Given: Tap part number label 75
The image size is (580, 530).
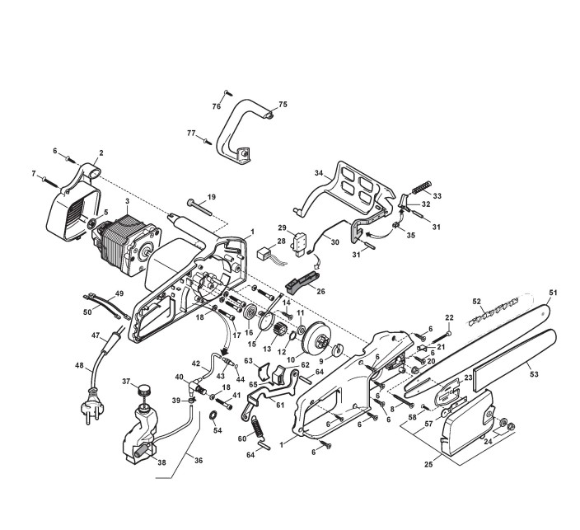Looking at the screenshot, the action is click(x=283, y=105).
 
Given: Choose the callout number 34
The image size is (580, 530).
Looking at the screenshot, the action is click(x=318, y=174).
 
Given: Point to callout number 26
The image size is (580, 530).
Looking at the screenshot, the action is click(x=321, y=290).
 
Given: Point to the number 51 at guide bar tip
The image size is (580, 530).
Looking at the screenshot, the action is click(x=554, y=292).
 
